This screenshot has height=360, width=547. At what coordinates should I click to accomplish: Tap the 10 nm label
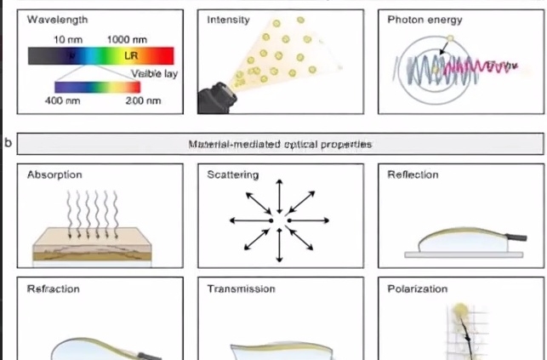tap(67, 40)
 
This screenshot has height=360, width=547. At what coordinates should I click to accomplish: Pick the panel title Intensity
tap(229, 19)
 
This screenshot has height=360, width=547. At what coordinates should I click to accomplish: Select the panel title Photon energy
tap(422, 19)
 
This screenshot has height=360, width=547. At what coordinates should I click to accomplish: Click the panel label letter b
tap(9, 142)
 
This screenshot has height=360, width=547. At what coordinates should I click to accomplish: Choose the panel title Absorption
tap(54, 175)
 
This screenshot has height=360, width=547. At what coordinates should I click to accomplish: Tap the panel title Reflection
tap(413, 175)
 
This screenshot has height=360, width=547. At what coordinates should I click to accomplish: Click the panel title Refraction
tap(54, 289)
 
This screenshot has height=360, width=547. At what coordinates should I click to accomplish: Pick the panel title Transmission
tap(242, 289)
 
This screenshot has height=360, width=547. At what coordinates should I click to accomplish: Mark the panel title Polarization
tap(417, 289)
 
